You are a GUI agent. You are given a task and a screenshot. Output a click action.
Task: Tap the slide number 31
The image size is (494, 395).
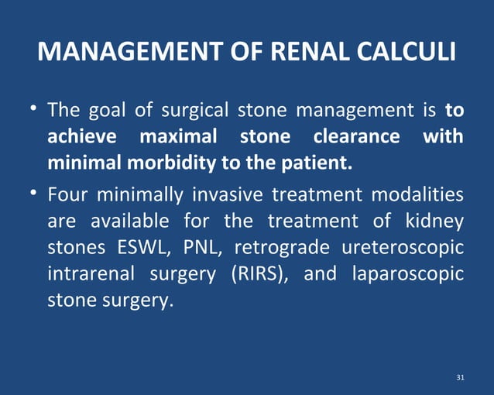[x=461, y=377]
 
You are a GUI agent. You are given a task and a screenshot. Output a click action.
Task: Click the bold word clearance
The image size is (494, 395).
[x=356, y=137]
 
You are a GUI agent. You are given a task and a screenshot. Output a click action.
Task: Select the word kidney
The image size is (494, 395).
[x=436, y=221]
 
